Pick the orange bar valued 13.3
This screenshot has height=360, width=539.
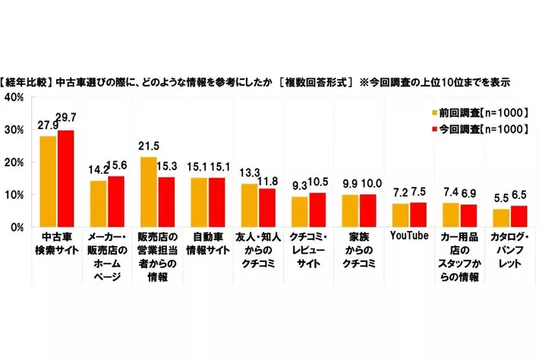pyautogui.click(x=249, y=205)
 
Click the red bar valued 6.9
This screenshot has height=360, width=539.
pyautogui.click(x=469, y=215)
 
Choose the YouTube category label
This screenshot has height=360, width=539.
pyautogui.click(x=410, y=236)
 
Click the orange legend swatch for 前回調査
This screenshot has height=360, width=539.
pyautogui.click(x=435, y=112)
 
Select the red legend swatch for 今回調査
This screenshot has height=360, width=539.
pyautogui.click(x=435, y=129)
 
